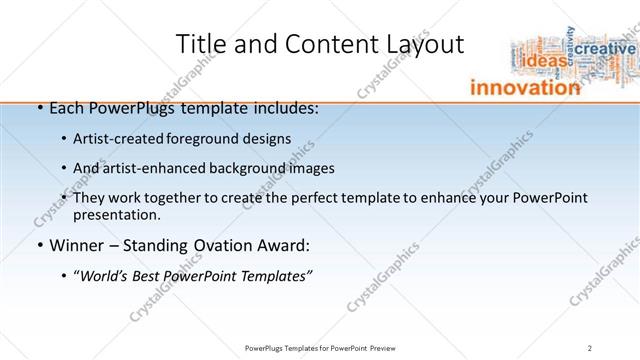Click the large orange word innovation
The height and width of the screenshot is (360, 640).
[525, 88]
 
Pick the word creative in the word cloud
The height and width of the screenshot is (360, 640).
[605, 49]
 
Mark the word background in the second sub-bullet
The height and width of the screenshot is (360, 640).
[245, 168]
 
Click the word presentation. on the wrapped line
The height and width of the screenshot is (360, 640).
[116, 215]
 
